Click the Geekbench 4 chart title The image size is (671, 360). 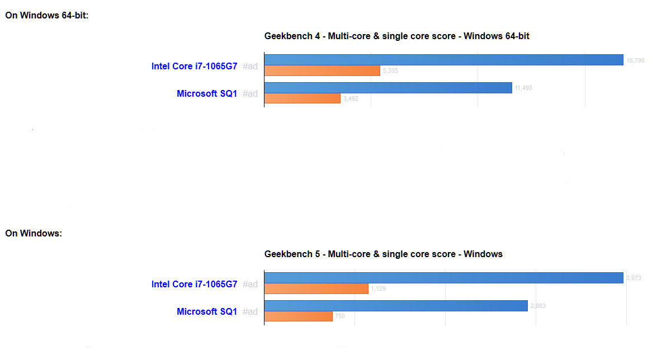[x=396, y=36]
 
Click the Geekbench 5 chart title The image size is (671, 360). [x=383, y=254]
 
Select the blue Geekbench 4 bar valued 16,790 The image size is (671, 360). [x=443, y=60]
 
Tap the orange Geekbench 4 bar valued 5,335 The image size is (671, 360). [x=322, y=71]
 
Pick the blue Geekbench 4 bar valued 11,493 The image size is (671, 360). [x=388, y=88]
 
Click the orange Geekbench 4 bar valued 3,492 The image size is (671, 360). [x=302, y=98]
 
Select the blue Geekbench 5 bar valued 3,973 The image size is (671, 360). [x=443, y=278]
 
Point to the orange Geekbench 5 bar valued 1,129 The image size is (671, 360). [x=316, y=288]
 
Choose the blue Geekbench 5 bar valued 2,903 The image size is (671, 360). [x=396, y=306]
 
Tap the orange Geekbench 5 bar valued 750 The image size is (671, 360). [x=298, y=316]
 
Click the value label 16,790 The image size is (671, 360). [x=635, y=60]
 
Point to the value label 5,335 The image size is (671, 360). [x=390, y=71]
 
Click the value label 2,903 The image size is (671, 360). [x=538, y=306]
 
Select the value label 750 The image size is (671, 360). [x=340, y=317]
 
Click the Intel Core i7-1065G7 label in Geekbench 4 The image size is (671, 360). [x=194, y=66]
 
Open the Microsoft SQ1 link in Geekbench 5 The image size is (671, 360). [x=207, y=311]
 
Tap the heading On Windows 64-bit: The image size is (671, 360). [x=47, y=16]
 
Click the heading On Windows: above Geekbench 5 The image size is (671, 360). [x=34, y=234]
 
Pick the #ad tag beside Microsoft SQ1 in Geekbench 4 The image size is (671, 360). [x=250, y=93]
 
